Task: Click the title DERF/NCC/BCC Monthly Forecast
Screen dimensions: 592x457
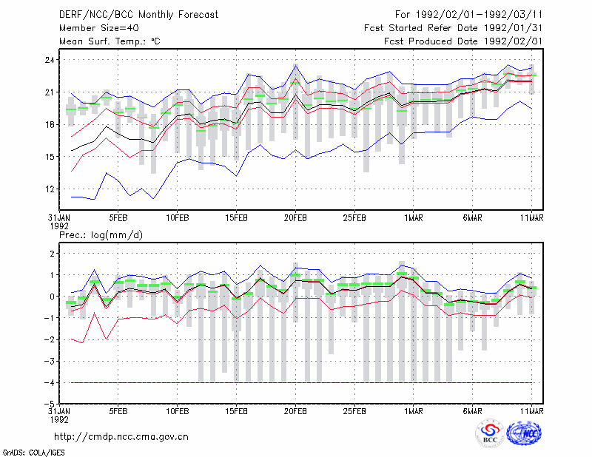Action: coord(138,15)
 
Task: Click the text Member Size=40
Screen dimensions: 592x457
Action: coord(99,28)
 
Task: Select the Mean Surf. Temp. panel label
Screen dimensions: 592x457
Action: coord(110,41)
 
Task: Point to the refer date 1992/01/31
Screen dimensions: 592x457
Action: coord(513,28)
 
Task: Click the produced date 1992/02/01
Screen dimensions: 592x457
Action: coord(513,41)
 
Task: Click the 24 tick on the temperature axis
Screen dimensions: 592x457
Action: coord(50,60)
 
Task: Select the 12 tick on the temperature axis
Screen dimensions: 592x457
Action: coord(50,189)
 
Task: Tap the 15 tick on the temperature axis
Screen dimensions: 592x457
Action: coord(50,157)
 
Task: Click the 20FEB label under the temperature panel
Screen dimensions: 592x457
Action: coord(295,218)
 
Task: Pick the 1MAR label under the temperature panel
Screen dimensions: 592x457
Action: coord(414,218)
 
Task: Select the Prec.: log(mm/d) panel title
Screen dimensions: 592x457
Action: coord(101,235)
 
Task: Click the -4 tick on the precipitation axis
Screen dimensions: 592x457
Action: coord(50,382)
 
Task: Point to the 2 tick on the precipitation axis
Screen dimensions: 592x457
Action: coord(52,253)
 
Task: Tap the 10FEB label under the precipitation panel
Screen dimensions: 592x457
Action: coord(178,411)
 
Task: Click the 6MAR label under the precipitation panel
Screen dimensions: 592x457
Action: coord(472,411)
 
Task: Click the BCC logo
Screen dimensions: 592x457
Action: coord(490,433)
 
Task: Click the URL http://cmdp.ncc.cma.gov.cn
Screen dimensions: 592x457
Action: coord(121,437)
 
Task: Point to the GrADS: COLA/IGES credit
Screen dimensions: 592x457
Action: coord(33,453)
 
